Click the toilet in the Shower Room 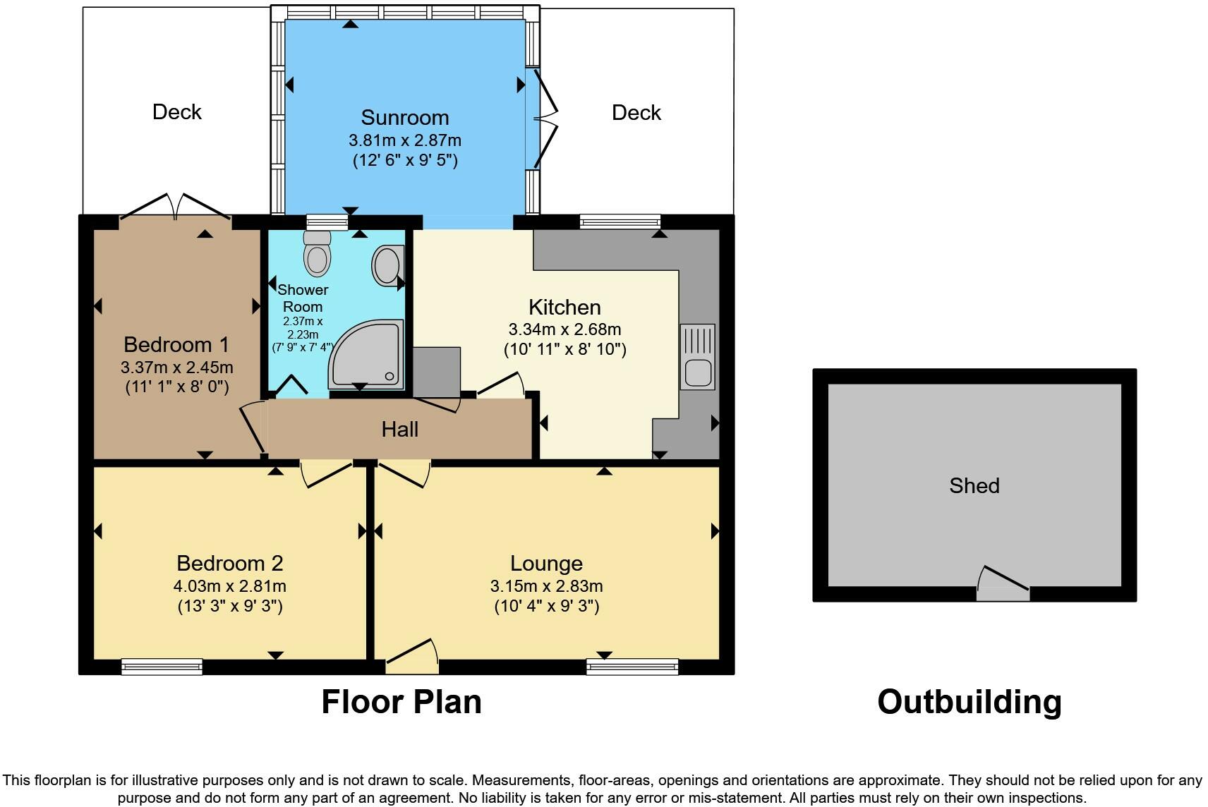[x=318, y=255]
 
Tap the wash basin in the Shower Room [x=387, y=265]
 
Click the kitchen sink [x=697, y=357]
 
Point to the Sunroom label [x=404, y=117]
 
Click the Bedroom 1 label [x=176, y=344]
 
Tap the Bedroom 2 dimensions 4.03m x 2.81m [x=230, y=585]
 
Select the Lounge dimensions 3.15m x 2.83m [x=546, y=585]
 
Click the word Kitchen [x=564, y=307]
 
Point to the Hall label [x=400, y=429]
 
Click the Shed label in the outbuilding [x=974, y=485]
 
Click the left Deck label [x=177, y=111]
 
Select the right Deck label [x=636, y=112]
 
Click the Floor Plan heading [x=401, y=702]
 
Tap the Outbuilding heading [x=969, y=702]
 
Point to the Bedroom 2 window [x=162, y=666]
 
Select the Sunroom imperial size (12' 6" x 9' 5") [x=405, y=160]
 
